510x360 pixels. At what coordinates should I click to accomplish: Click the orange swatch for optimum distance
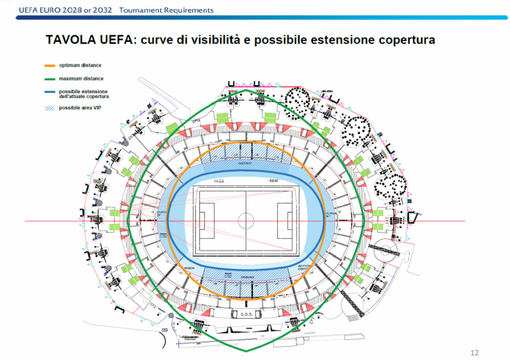pyautogui.click(x=49, y=66)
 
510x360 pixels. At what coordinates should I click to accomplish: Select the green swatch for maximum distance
pyautogui.click(x=49, y=79)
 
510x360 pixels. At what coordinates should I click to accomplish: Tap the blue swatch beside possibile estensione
pyautogui.click(x=49, y=92)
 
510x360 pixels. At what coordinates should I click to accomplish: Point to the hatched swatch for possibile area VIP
pyautogui.click(x=49, y=108)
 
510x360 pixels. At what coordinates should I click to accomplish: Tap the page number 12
pyautogui.click(x=474, y=353)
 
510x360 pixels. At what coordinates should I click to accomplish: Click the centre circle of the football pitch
pyautogui.click(x=246, y=220)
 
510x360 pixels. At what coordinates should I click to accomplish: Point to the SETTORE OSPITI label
pyautogui.click(x=304, y=268)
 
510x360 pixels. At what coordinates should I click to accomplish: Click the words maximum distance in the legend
pyautogui.click(x=81, y=79)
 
